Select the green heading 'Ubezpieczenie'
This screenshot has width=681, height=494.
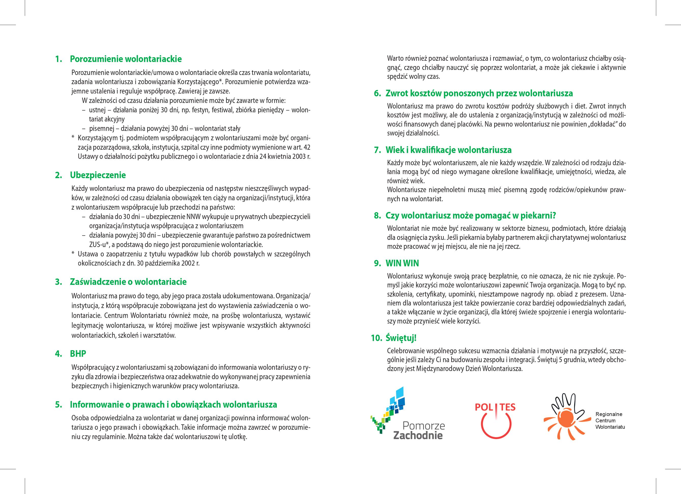tap(98, 175)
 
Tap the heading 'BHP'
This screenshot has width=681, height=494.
tap(78, 354)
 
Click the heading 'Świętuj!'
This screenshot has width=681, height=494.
tap(401, 338)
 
